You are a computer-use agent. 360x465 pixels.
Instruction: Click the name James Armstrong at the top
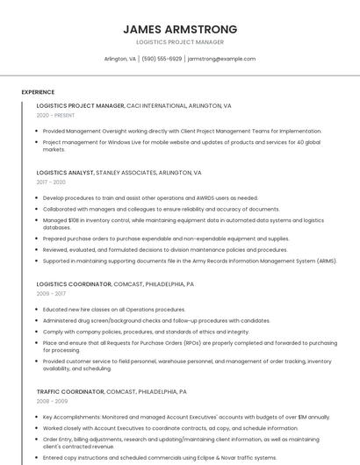[x=180, y=29]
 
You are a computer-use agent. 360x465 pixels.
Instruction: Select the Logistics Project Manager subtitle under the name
[x=180, y=42]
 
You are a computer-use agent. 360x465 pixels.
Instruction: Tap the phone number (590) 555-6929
[x=162, y=59]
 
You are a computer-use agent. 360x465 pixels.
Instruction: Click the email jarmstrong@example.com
[x=221, y=59]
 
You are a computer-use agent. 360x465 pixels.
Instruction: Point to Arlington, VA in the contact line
[x=120, y=59]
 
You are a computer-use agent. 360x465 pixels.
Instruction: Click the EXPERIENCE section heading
[x=38, y=92]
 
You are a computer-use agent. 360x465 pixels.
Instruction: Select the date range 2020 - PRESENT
[x=55, y=115]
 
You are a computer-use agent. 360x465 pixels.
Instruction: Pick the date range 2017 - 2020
[x=51, y=182]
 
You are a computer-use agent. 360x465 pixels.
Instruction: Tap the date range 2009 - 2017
[x=51, y=294]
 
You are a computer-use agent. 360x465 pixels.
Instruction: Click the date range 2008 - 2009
[x=51, y=401]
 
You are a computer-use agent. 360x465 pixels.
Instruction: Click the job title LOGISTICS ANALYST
[x=65, y=173]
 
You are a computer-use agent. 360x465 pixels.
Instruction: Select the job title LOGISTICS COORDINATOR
[x=74, y=284]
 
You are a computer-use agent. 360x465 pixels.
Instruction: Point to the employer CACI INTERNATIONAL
[x=162, y=105]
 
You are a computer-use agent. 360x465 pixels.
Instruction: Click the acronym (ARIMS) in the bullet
[x=326, y=261]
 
